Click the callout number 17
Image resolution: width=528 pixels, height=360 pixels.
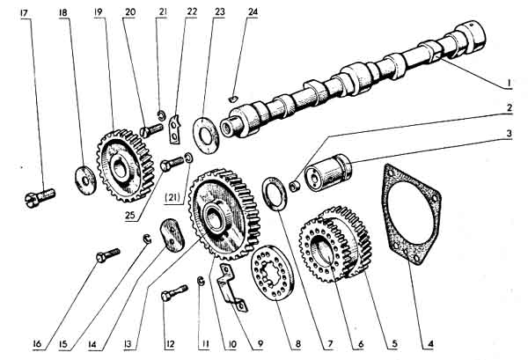24,11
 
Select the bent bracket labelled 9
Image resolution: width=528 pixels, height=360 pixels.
233,283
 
